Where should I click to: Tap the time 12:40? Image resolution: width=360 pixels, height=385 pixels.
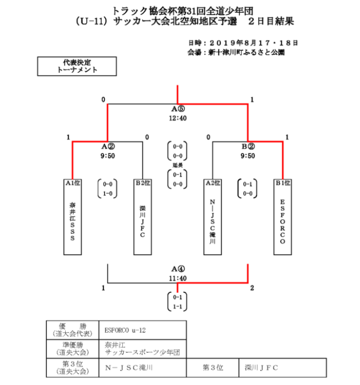point(178,118)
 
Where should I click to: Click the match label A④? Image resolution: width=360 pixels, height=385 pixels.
point(178,269)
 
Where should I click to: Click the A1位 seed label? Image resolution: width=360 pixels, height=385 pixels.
point(73,183)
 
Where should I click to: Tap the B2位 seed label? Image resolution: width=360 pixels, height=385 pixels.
point(143,183)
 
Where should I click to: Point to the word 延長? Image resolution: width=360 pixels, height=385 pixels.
point(178,165)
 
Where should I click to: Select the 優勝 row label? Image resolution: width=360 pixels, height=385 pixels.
point(72,328)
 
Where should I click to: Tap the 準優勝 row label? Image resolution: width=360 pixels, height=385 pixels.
point(72,349)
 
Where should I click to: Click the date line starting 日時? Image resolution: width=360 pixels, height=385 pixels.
point(243,43)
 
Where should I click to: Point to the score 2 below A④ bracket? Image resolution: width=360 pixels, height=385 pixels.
point(252,289)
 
